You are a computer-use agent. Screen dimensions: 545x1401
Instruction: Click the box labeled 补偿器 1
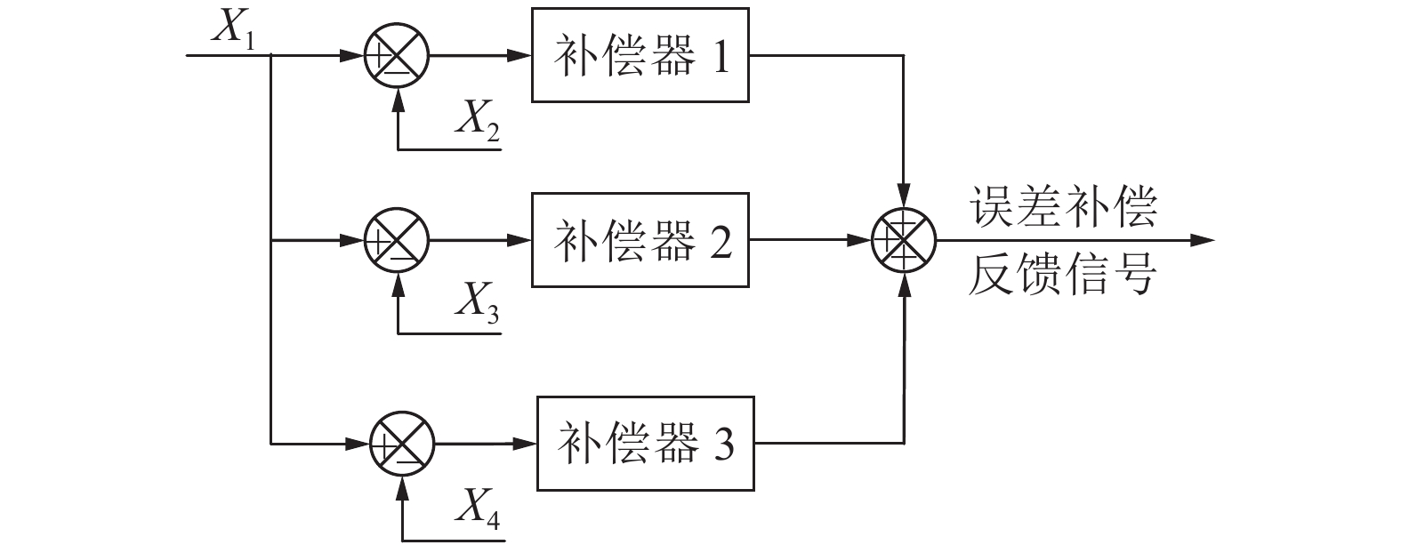640,55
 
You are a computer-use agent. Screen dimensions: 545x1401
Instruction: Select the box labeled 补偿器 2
640,240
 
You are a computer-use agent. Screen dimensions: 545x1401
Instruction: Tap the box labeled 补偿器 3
645,443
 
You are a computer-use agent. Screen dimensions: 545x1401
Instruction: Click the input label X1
233,28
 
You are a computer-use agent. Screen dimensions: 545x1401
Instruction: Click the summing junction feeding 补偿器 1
398,55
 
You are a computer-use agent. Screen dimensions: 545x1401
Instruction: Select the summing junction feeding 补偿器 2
398,240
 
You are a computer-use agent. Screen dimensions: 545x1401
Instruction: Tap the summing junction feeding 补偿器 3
402,443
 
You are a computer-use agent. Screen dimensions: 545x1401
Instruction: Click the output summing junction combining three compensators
904,240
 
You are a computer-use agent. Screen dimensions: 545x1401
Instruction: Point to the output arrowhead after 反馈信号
1203,240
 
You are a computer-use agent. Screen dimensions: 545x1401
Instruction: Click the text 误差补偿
1063,209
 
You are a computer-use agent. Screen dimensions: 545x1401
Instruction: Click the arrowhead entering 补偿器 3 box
526,443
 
